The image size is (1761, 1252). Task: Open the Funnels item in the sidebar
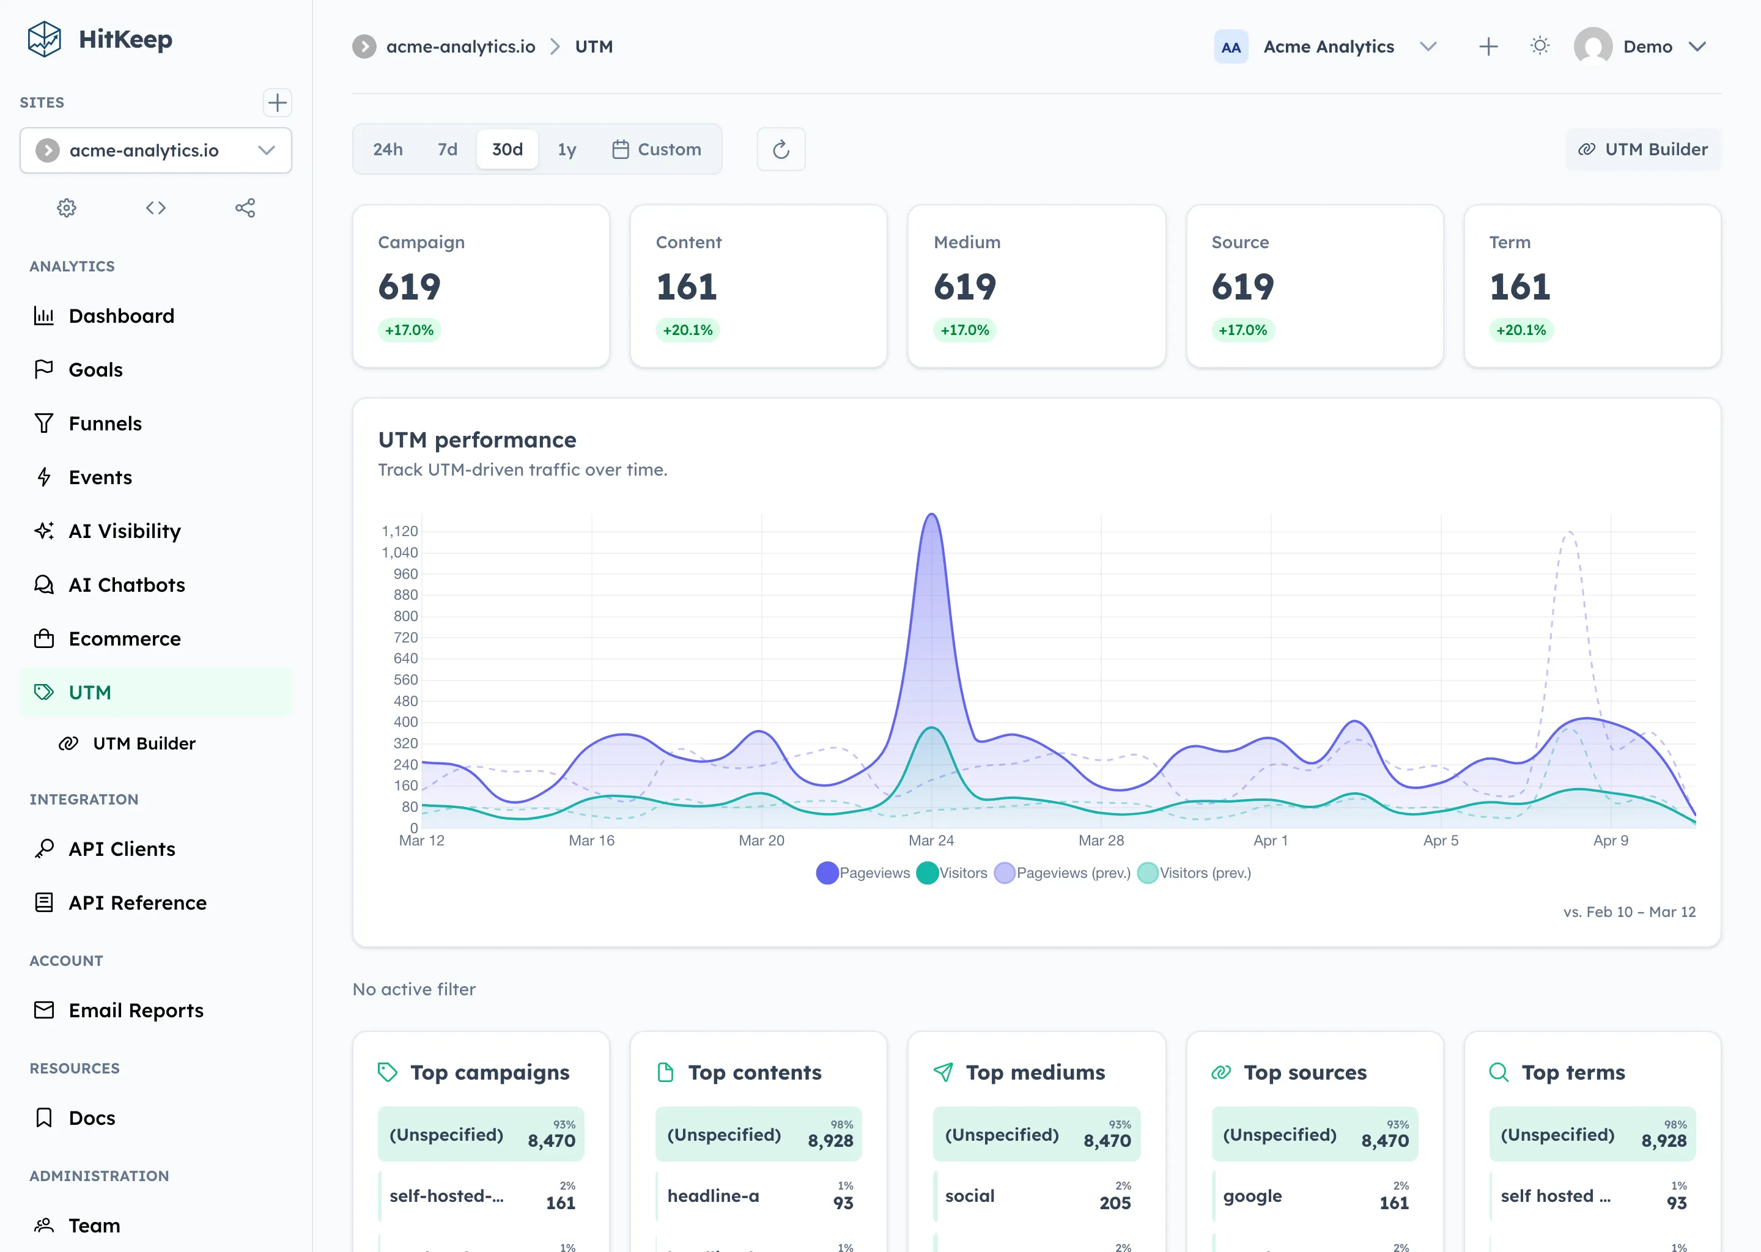[x=105, y=423]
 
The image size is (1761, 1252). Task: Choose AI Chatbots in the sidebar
[x=127, y=585]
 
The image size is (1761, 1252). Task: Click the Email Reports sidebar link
[x=136, y=1011]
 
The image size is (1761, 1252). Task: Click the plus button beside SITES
[x=277, y=103]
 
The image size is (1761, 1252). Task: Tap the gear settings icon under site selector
[x=67, y=207]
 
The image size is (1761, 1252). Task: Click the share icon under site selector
[x=245, y=207]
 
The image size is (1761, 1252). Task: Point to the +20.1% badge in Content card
[x=687, y=330]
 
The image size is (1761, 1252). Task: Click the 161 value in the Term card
[x=1519, y=287]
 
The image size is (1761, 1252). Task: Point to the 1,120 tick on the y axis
[x=399, y=531]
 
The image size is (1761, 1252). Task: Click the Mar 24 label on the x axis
[x=931, y=841]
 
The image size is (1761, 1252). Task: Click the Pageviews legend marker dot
[x=827, y=873]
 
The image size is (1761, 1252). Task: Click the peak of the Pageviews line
[x=931, y=514]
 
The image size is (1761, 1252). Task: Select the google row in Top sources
[x=1315, y=1196]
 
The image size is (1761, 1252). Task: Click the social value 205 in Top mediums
[x=1114, y=1202]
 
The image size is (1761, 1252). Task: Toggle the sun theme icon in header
[x=1540, y=46]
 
